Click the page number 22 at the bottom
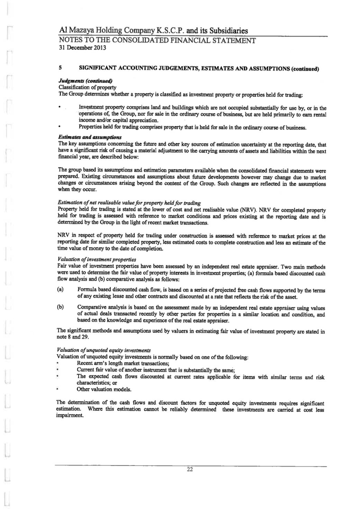(x=190, y=470)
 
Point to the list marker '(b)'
(x=60, y=307)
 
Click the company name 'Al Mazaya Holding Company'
(x=106, y=31)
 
